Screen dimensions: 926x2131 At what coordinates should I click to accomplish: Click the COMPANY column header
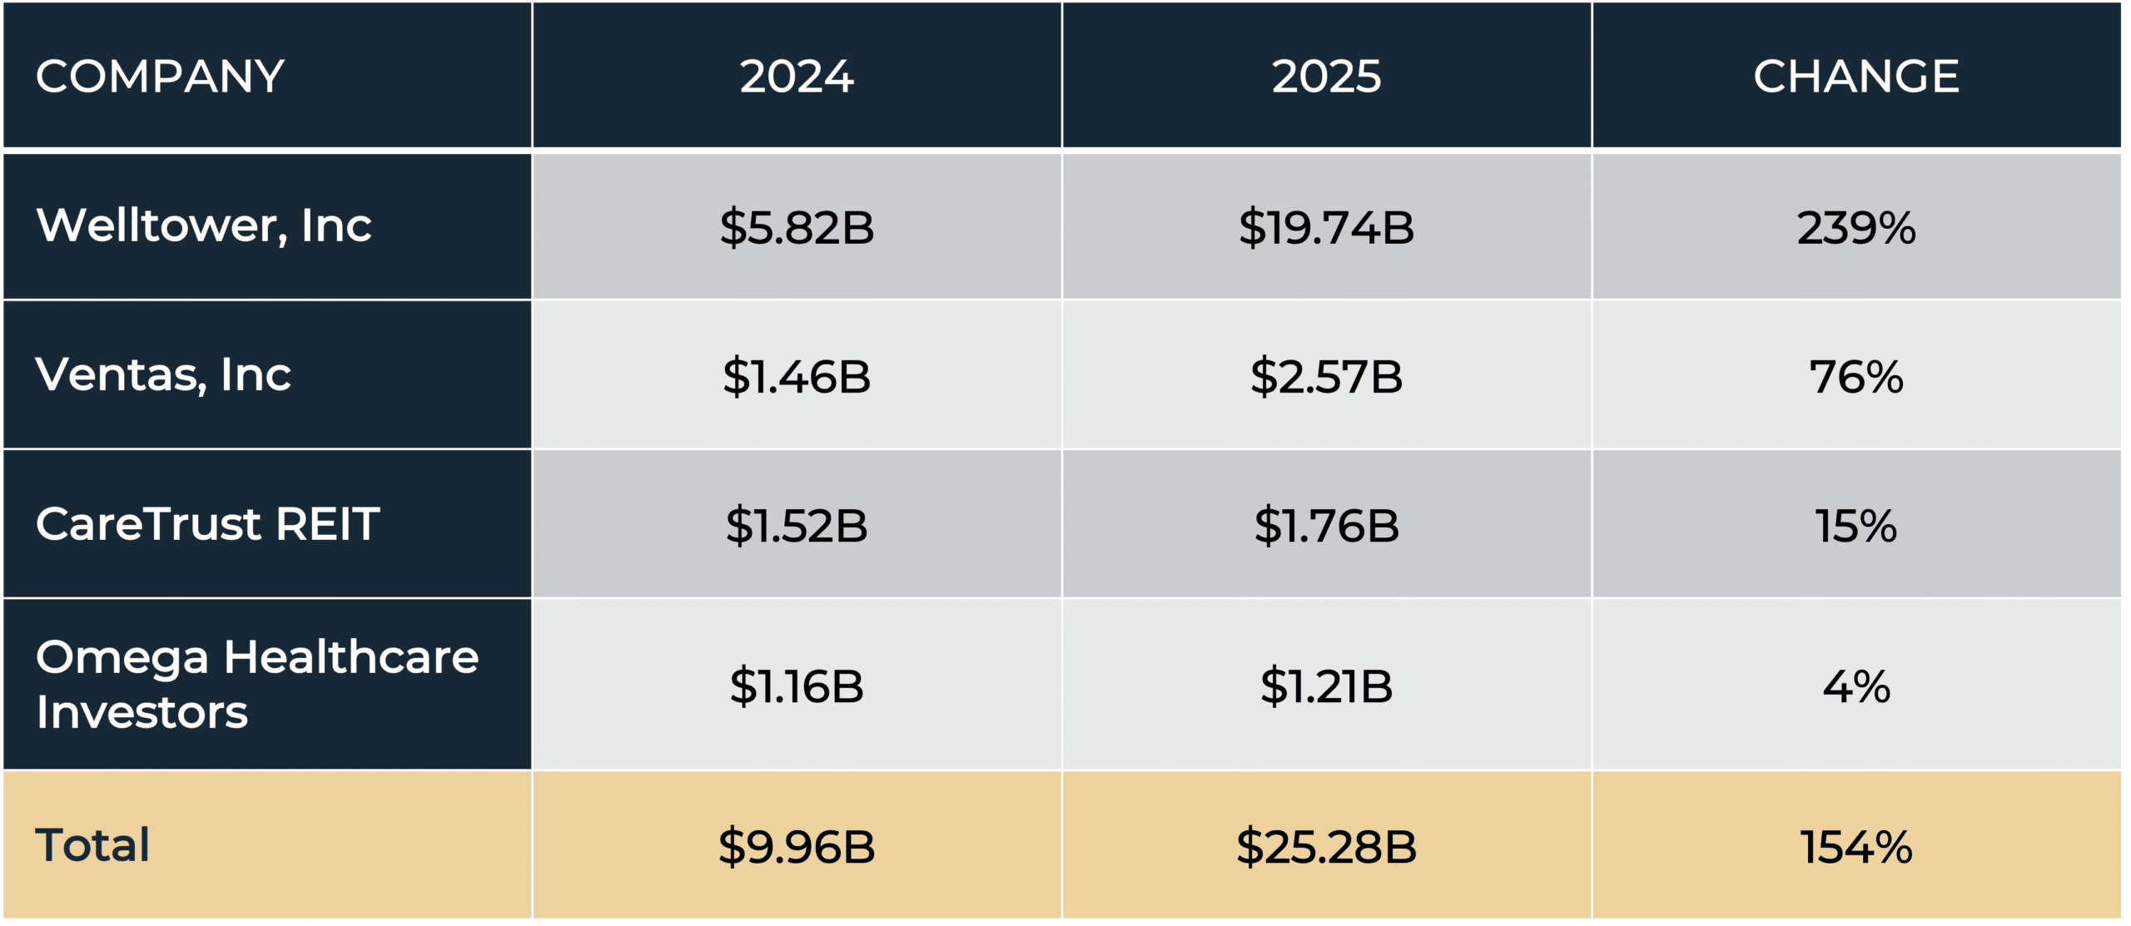[160, 77]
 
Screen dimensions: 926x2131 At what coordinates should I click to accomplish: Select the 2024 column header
[797, 77]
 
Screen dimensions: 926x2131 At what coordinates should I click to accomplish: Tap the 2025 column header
[1326, 77]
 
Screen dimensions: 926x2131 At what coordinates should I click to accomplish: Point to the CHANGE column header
[1856, 77]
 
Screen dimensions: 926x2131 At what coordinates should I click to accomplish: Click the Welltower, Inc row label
[204, 226]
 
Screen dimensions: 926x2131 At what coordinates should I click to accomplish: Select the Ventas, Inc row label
[163, 375]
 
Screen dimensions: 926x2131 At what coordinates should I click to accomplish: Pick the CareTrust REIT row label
[207, 524]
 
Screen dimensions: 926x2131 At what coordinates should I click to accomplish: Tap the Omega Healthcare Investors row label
[256, 684]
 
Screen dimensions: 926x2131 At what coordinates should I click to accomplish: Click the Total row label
[92, 845]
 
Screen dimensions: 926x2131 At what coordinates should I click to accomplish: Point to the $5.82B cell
[797, 228]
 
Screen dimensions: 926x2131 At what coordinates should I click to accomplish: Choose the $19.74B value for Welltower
[1326, 228]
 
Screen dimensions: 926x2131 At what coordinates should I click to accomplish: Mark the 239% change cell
[1856, 228]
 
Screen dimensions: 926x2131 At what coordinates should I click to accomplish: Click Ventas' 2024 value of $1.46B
[797, 377]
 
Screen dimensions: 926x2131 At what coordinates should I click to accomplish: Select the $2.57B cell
[1326, 377]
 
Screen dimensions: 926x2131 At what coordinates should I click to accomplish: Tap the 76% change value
[1856, 377]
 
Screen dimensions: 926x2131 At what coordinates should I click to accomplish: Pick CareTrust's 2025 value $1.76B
[1326, 526]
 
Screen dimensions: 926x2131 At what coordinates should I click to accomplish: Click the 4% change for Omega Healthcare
[1856, 686]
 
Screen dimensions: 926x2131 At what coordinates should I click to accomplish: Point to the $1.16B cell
[797, 686]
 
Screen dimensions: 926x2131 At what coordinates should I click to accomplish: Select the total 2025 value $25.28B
[1326, 847]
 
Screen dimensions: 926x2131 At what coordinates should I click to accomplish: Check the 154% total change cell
[1856, 847]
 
